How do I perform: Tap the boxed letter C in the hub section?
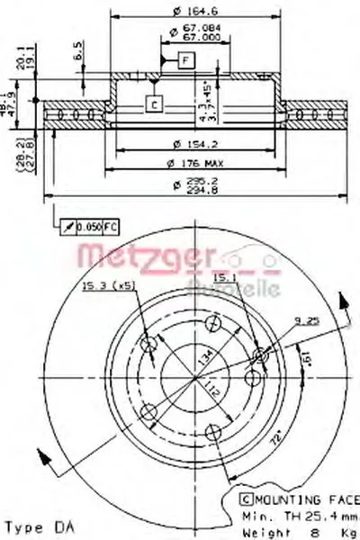click(x=154, y=104)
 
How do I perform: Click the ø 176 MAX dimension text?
click(x=194, y=162)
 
